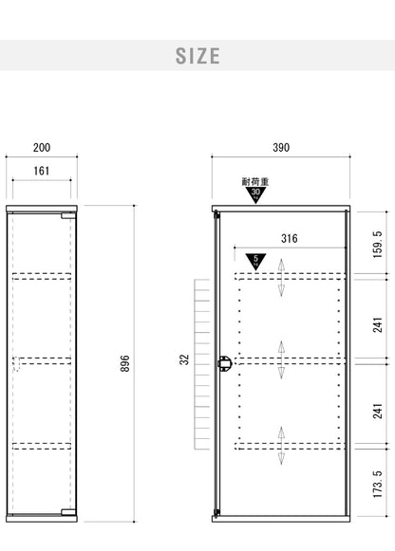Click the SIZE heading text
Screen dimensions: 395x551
(197, 56)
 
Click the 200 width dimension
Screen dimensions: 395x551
(42, 148)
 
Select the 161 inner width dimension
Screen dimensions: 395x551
(42, 171)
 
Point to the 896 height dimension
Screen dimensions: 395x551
(125, 363)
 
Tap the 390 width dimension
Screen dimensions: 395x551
(281, 148)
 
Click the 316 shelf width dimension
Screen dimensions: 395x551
(290, 239)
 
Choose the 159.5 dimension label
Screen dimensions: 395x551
(377, 245)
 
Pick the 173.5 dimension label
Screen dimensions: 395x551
(377, 484)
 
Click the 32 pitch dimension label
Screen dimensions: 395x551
(184, 359)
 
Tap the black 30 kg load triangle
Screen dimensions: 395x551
(255, 194)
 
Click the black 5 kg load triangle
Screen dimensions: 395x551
(255, 262)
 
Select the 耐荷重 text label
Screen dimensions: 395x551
(255, 182)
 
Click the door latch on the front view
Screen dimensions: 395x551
(224, 363)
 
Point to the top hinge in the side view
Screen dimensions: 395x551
(68, 215)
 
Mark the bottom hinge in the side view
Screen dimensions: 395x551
(68, 512)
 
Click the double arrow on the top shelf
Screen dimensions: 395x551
(281, 278)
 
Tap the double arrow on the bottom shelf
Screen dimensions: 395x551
(281, 446)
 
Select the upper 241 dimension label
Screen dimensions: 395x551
(377, 325)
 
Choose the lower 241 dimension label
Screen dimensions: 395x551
(377, 412)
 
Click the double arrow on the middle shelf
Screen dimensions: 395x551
(281, 359)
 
